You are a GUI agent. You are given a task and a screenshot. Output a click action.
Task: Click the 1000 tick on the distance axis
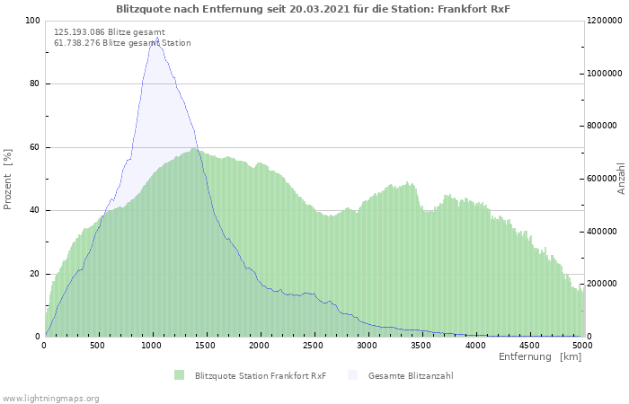(x=152, y=345)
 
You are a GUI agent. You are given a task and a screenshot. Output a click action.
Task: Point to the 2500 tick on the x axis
(x=314, y=345)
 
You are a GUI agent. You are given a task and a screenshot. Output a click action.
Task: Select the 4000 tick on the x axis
(x=474, y=345)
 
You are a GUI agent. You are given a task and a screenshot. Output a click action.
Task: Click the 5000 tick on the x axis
(x=581, y=345)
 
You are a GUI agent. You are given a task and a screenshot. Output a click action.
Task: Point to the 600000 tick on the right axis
(x=605, y=179)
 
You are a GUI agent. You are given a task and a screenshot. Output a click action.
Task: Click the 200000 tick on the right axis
(x=605, y=284)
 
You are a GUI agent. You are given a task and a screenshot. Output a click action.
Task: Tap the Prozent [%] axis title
(x=8, y=179)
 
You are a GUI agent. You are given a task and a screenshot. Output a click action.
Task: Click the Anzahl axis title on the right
(x=622, y=179)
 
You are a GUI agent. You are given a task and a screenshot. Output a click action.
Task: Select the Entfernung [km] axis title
(x=540, y=357)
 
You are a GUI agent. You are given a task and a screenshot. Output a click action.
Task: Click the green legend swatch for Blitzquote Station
(x=180, y=375)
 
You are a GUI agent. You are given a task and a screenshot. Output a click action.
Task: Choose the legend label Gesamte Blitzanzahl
(x=410, y=375)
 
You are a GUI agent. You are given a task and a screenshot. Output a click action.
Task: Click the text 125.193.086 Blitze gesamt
(x=110, y=31)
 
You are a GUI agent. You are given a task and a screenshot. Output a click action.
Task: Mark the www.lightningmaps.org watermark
(x=50, y=398)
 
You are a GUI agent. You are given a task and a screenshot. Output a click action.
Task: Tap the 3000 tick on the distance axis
(x=368, y=345)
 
